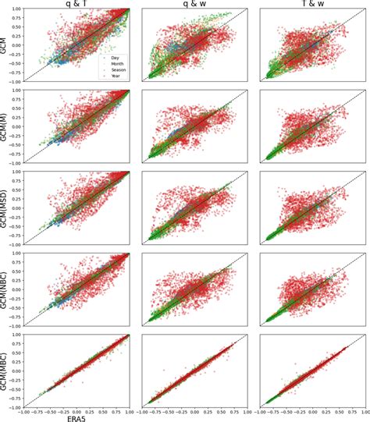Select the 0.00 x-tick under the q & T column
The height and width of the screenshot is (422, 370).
[76, 410]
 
